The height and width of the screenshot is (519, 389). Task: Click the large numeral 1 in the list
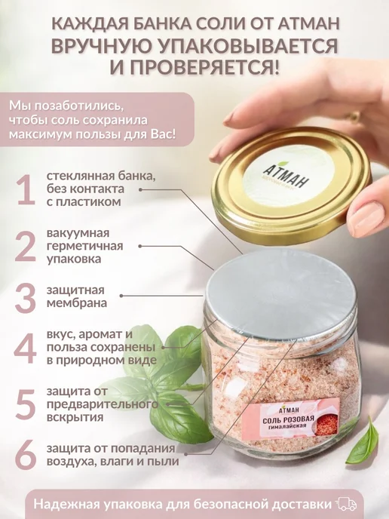(27, 189)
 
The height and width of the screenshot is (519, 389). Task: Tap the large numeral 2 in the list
(26, 246)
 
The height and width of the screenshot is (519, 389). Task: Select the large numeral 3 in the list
(26, 298)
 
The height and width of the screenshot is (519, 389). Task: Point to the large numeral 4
(25, 349)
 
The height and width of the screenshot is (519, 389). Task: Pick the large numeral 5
(26, 404)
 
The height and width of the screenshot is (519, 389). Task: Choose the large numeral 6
(26, 455)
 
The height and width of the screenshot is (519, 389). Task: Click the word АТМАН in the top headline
(308, 24)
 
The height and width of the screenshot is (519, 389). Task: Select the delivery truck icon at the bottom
(346, 505)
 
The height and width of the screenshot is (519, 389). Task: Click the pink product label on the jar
(290, 419)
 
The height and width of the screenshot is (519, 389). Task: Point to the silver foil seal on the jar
(280, 292)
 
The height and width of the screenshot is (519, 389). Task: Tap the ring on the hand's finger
(353, 116)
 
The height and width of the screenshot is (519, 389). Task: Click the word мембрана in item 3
(77, 303)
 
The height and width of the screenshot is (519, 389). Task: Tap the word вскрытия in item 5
(75, 417)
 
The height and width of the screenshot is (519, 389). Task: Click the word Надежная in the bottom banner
(66, 505)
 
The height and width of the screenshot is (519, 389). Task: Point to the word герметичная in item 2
(84, 246)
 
